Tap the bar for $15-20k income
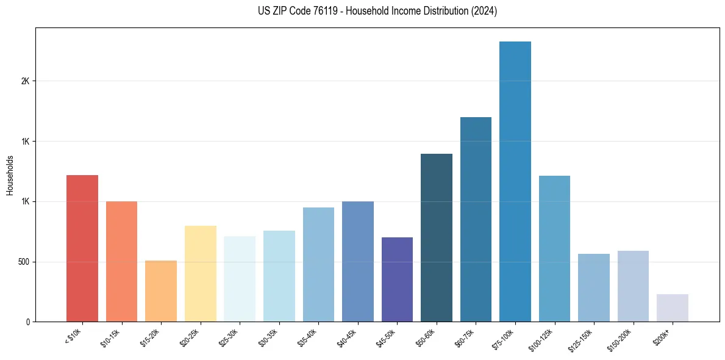tap(161, 291)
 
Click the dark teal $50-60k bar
tap(436, 237)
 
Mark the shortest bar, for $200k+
tap(672, 308)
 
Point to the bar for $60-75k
tap(476, 219)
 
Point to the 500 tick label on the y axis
tap(23, 262)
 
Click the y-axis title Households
tap(10, 175)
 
